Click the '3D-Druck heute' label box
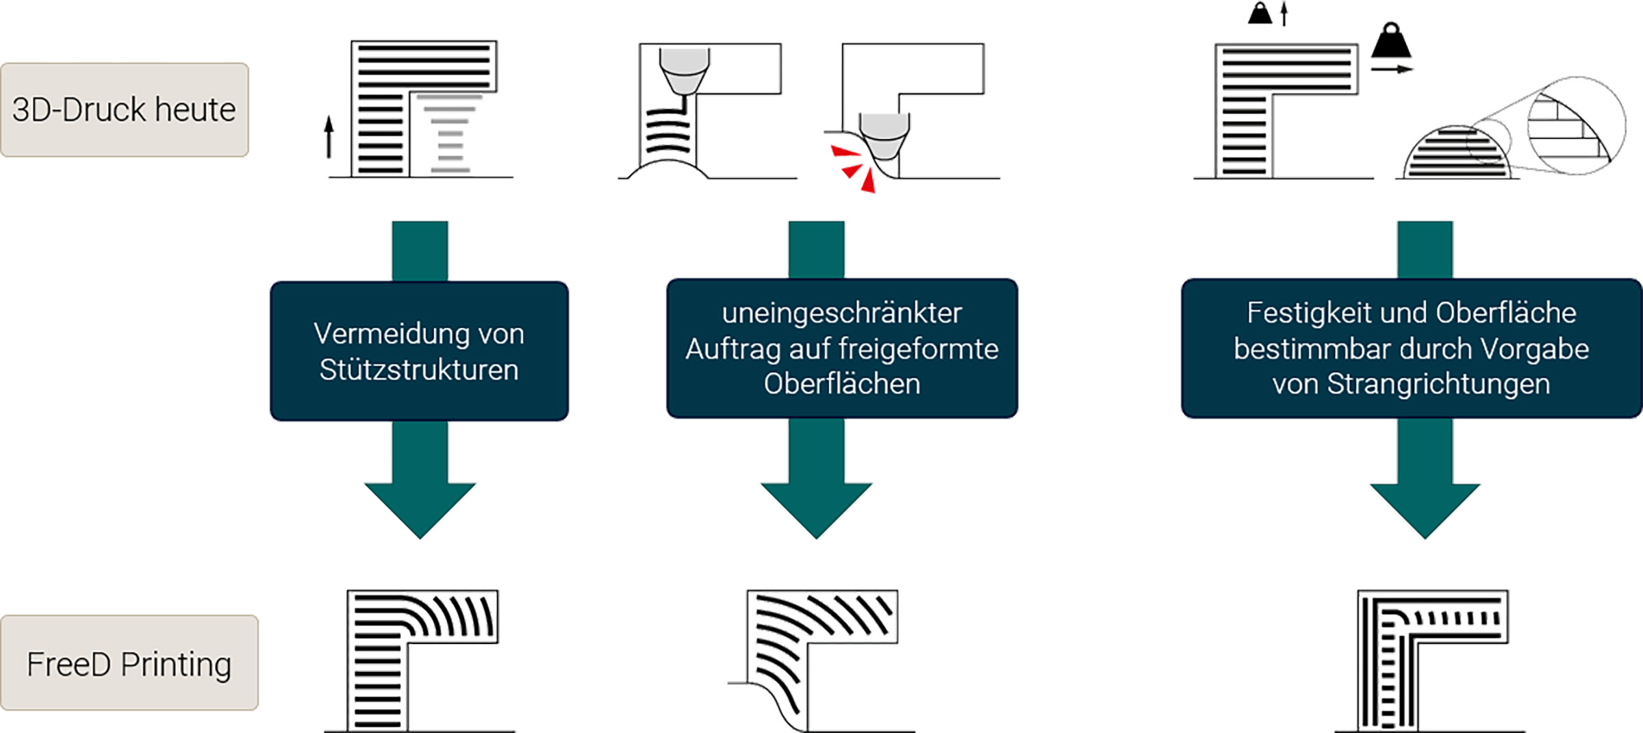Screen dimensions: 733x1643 [x=124, y=110]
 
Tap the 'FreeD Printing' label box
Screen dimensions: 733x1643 [x=129, y=663]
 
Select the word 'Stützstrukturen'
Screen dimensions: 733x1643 [x=419, y=370]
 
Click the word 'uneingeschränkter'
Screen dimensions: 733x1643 [x=841, y=313]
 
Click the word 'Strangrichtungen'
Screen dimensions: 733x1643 [x=1438, y=384]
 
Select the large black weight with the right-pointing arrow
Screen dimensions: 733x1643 [x=1391, y=44]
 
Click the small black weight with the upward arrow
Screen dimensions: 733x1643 [x=1260, y=13]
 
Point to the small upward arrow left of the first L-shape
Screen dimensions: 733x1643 [x=329, y=136]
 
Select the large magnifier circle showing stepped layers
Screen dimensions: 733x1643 [x=1576, y=126]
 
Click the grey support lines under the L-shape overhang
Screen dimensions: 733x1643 [x=449, y=133]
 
